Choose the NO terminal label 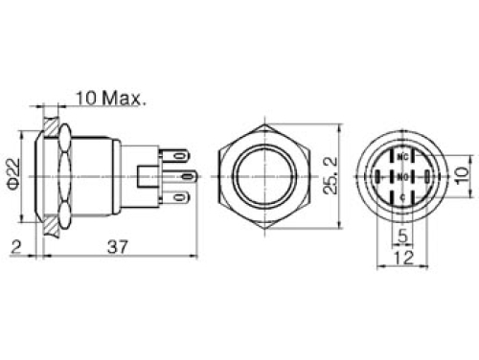[402, 176]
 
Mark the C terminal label [402, 197]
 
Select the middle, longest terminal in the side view [182, 176]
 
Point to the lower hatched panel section [49, 225]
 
